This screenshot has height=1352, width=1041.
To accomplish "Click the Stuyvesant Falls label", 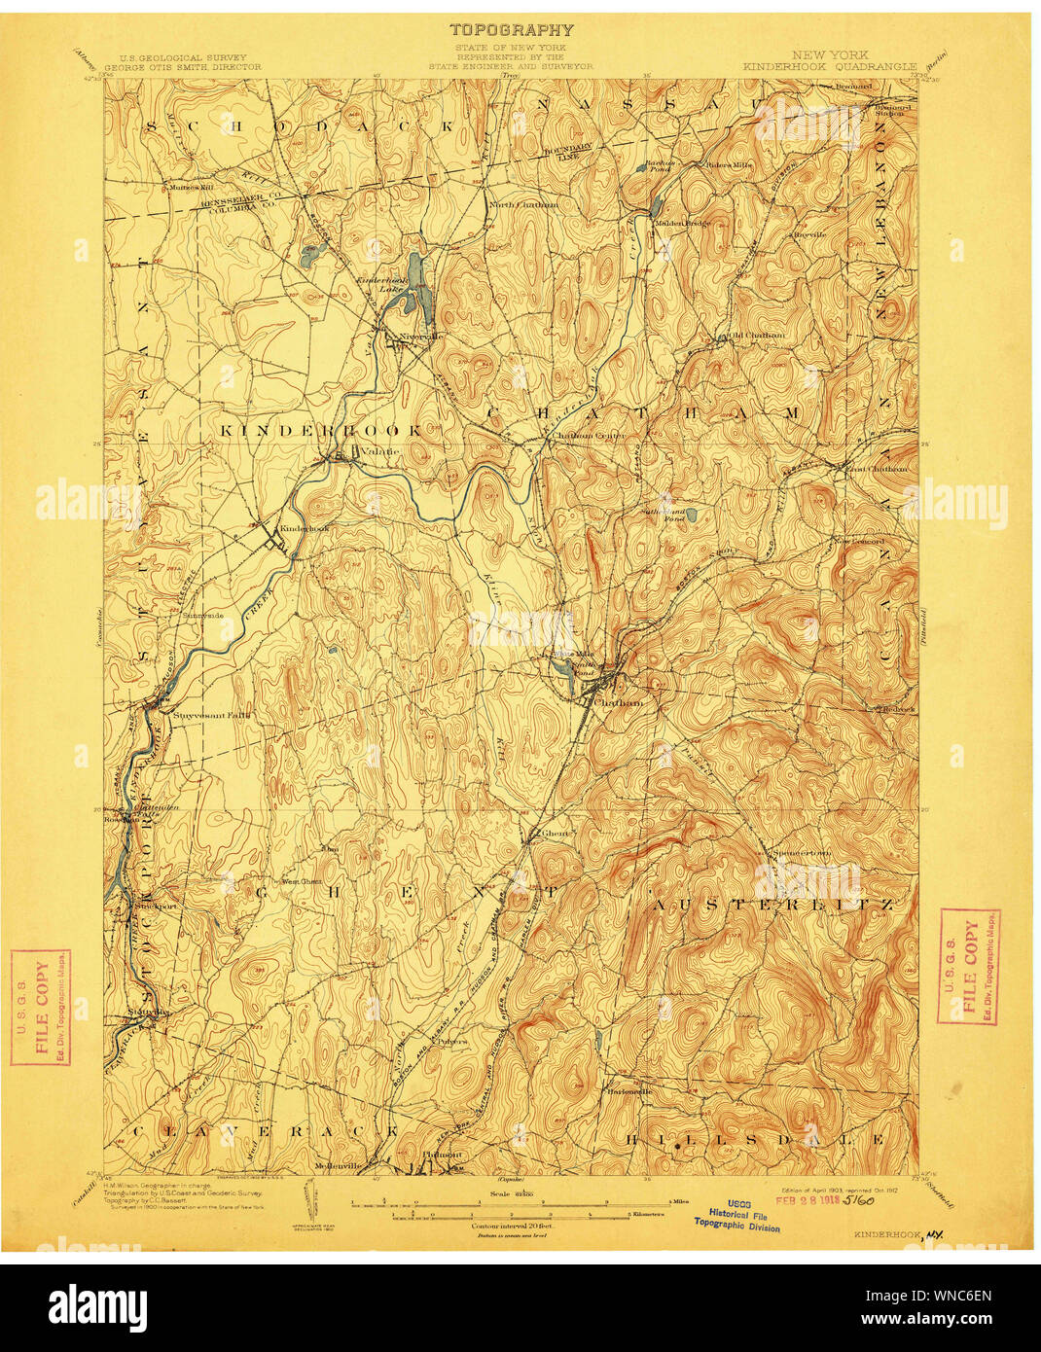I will (211, 715).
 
